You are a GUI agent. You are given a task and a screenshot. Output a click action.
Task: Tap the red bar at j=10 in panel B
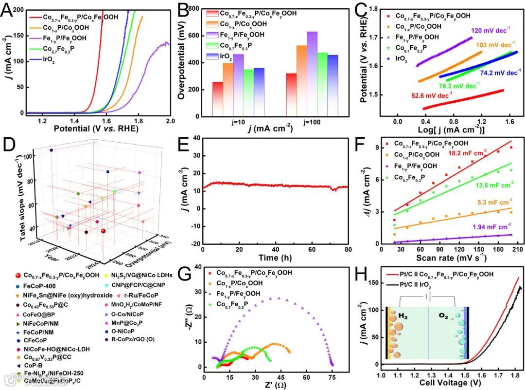tap(218, 99)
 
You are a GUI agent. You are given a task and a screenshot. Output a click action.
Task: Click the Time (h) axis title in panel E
tap(276, 257)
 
